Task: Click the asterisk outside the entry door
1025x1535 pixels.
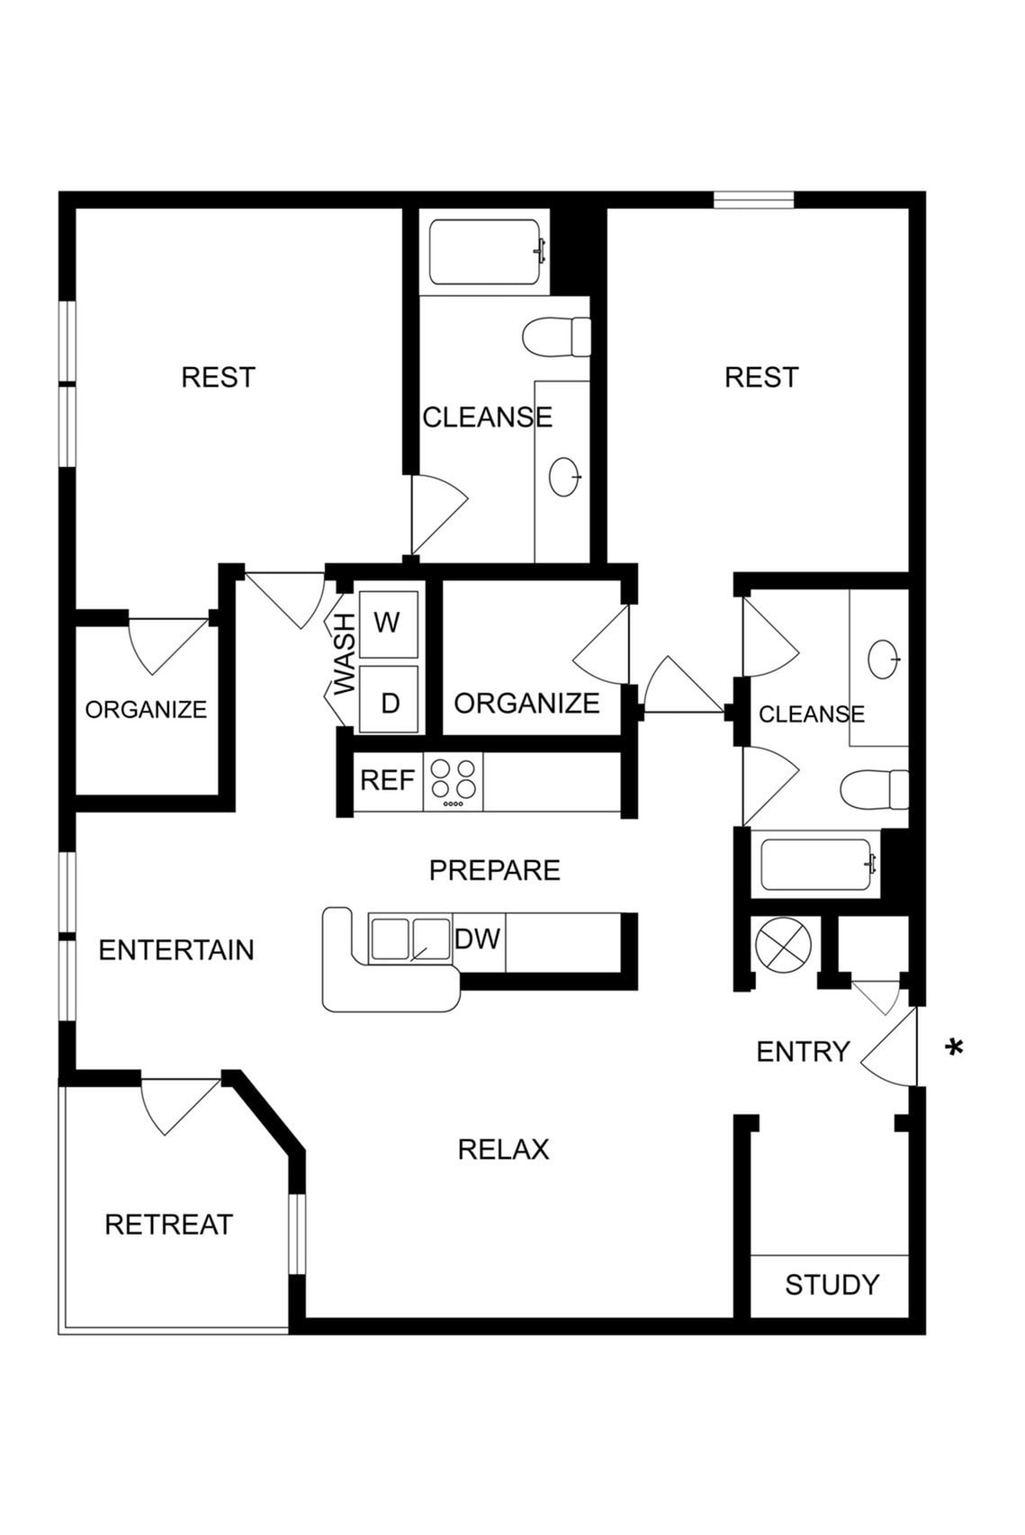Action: coord(954,1047)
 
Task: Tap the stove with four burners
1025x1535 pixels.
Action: coord(453,781)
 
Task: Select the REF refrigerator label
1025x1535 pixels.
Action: coord(387,780)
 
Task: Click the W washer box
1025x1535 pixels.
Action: coord(388,624)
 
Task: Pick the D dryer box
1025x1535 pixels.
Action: coord(389,702)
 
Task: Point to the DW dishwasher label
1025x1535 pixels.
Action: coord(477,939)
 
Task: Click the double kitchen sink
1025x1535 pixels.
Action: coord(410,939)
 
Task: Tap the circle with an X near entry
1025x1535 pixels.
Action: coord(783,946)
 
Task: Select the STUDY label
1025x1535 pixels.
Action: coord(831,1285)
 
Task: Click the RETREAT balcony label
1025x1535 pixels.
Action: coord(168,1225)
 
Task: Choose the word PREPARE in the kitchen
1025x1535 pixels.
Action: coord(494,870)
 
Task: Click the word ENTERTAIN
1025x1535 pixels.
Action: coord(176,950)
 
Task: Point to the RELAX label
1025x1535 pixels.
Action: coord(503,1149)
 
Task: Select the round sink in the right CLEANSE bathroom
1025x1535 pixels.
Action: coord(883,659)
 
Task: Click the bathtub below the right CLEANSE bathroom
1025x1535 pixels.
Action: coord(817,865)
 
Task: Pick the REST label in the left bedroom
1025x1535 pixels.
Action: coord(218,377)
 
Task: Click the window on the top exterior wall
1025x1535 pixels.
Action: coord(753,200)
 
